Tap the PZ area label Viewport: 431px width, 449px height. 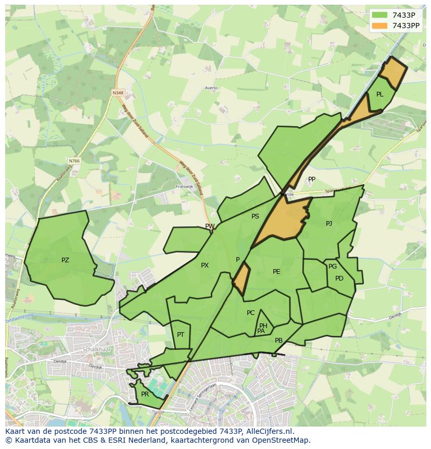click(65, 260)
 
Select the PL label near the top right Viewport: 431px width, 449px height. click(379, 94)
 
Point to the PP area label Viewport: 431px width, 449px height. click(311, 179)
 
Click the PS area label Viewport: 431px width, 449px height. click(255, 216)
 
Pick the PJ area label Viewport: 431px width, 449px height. click(328, 224)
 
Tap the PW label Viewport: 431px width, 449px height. click(210, 226)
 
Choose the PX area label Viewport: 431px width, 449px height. click(205, 265)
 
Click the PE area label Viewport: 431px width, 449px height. click(276, 272)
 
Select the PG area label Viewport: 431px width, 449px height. click(333, 266)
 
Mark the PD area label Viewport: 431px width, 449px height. click(339, 278)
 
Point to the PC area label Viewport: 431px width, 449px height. click(250, 313)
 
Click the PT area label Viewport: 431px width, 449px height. click(181, 335)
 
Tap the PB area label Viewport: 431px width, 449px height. click(278, 341)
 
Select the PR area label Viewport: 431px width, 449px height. click(145, 394)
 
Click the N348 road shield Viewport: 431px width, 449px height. click(118, 93)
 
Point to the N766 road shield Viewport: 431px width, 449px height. click(74, 161)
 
